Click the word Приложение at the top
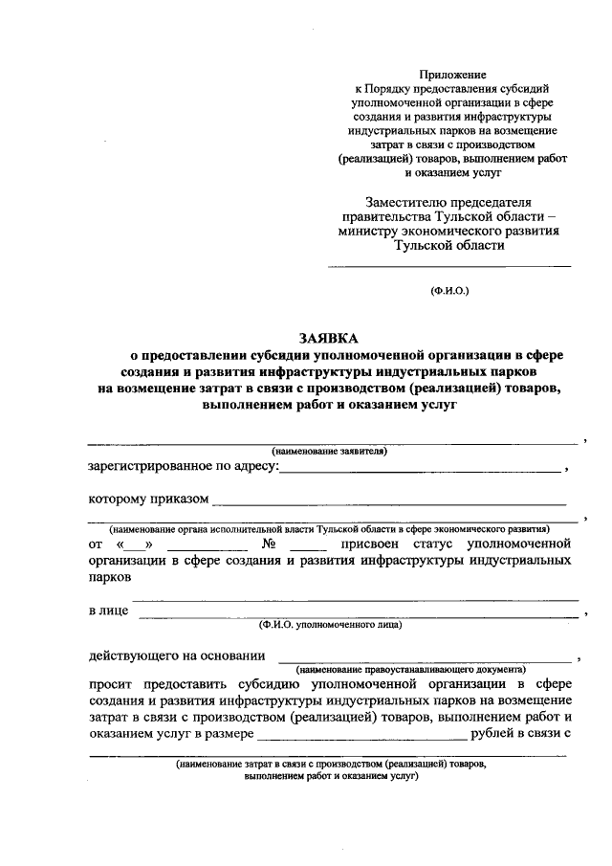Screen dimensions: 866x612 coord(454,74)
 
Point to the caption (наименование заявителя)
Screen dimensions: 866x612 coord(329,450)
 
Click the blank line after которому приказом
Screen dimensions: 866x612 coord(388,500)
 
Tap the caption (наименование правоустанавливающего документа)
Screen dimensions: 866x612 coord(411,669)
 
